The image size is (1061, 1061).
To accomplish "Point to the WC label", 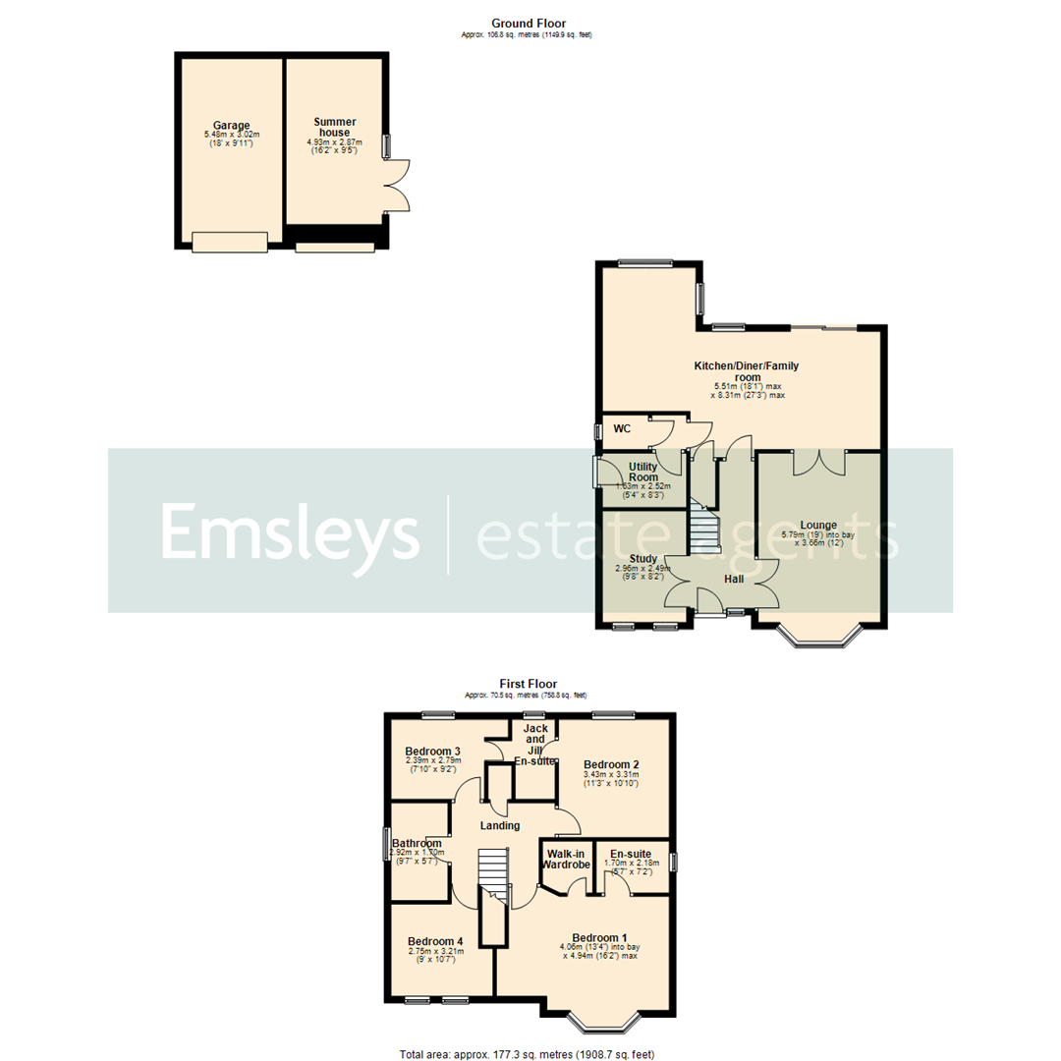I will (622, 428).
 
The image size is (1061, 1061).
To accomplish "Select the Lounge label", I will (817, 525).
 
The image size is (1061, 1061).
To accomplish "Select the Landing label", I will (499, 825).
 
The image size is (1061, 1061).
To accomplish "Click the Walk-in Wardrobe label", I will (568, 859).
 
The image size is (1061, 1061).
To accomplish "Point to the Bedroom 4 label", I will (435, 941).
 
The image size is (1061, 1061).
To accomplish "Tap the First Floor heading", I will (529, 684).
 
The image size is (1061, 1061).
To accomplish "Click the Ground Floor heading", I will (529, 24).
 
